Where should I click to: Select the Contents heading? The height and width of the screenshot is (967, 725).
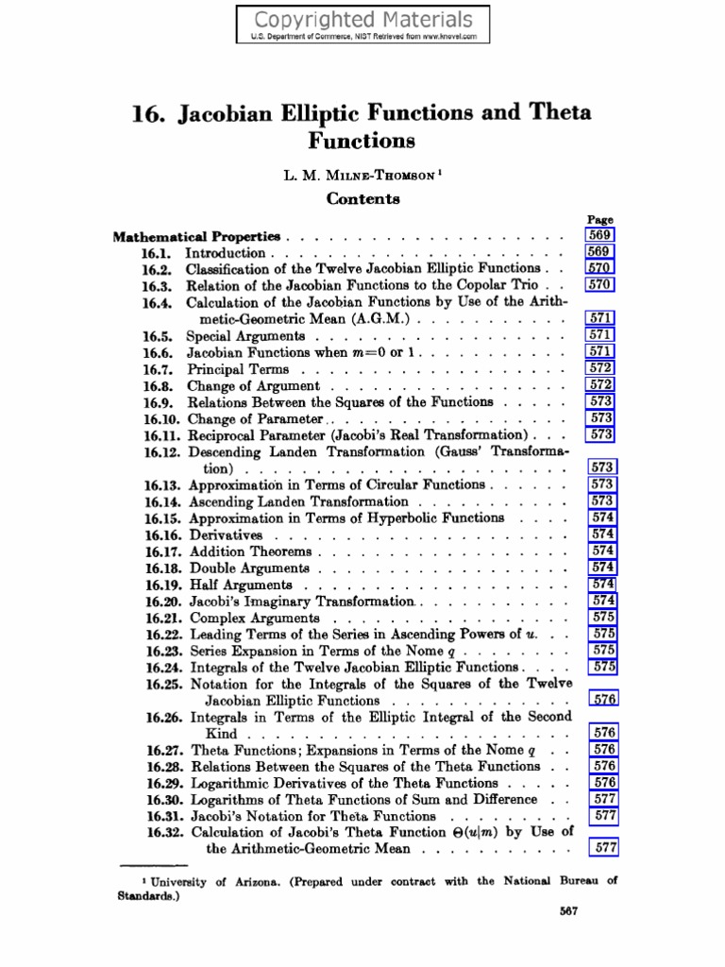362,198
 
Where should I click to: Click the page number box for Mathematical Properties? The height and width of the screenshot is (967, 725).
600,235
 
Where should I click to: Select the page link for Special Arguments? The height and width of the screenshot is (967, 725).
600,335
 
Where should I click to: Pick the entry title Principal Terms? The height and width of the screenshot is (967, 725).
238,369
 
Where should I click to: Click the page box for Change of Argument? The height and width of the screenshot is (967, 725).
600,385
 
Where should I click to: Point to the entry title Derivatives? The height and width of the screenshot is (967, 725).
226,535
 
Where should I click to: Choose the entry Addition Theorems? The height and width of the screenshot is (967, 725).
250,551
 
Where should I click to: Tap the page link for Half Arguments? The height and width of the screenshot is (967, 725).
603,585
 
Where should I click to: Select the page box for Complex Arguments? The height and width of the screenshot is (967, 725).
603,617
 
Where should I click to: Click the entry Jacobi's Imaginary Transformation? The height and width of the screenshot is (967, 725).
302,601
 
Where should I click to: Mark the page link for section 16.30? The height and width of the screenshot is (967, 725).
603,799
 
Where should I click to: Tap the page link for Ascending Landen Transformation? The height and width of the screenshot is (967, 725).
602,501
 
